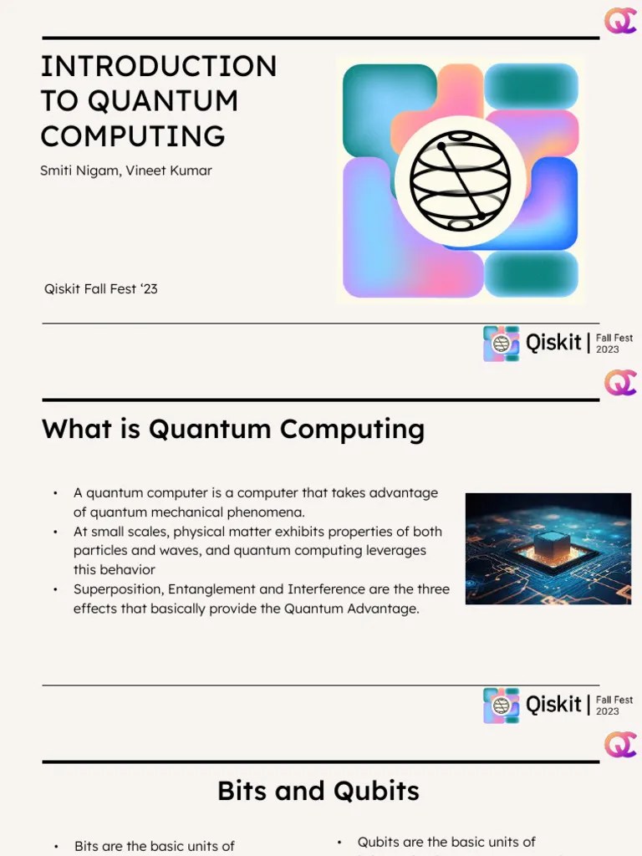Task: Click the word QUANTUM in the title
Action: pos(163,100)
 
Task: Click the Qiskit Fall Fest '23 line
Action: pos(101,289)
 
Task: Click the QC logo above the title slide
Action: pos(620,20)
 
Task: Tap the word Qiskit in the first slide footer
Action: pos(553,343)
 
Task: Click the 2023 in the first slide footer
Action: pos(608,349)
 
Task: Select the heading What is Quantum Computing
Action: pos(233,429)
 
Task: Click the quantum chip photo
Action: pos(548,548)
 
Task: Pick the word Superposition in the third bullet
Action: pos(117,589)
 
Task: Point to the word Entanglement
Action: pos(211,589)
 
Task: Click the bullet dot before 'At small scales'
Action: pos(55,532)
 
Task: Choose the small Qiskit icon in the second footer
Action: pos(501,705)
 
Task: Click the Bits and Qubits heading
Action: pos(318,790)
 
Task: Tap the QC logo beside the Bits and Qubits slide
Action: pos(620,744)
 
